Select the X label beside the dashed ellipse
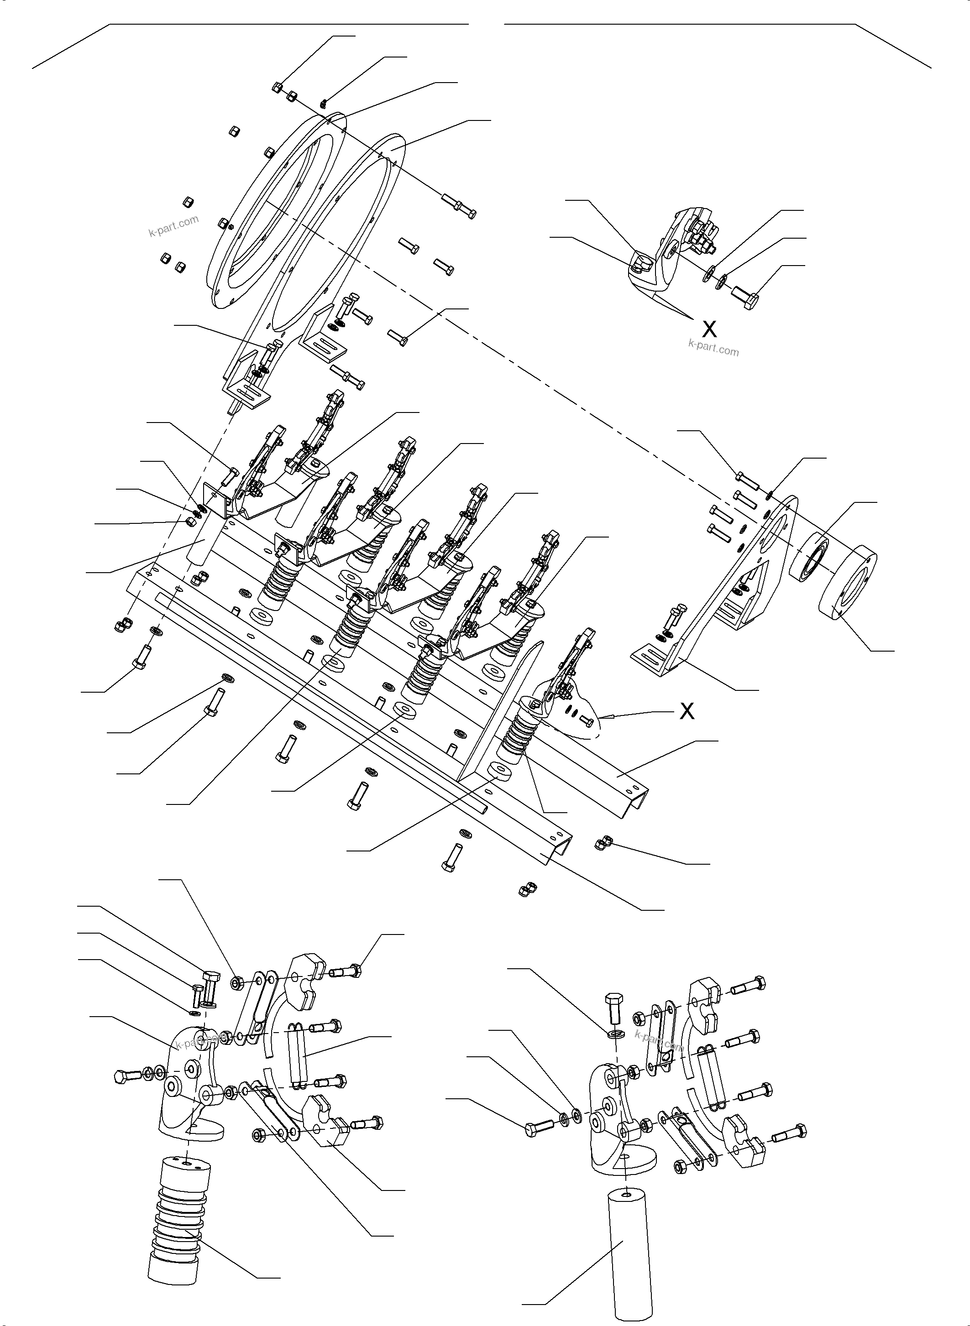pyautogui.click(x=687, y=711)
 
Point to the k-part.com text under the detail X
pyautogui.click(x=713, y=348)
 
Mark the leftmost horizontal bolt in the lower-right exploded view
pyautogui.click(x=538, y=1128)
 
